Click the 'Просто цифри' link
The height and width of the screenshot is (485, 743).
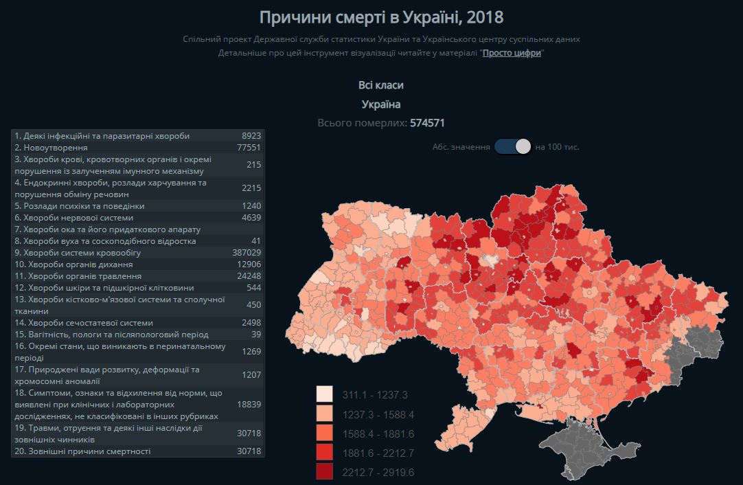512,53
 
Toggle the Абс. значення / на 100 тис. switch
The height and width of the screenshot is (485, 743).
513,146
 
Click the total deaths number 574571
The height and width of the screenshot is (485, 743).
428,123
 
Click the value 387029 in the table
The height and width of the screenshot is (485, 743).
247,253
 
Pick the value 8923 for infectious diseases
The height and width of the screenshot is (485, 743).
251,136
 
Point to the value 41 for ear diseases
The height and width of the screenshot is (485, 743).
256,241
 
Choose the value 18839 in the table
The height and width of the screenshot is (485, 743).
249,405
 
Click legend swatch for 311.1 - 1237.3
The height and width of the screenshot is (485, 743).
324,394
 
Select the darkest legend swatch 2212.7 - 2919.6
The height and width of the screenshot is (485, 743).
324,472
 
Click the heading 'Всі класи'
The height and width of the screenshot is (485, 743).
381,85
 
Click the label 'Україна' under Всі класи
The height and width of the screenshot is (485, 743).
381,104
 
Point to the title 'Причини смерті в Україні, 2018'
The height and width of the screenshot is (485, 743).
381,16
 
